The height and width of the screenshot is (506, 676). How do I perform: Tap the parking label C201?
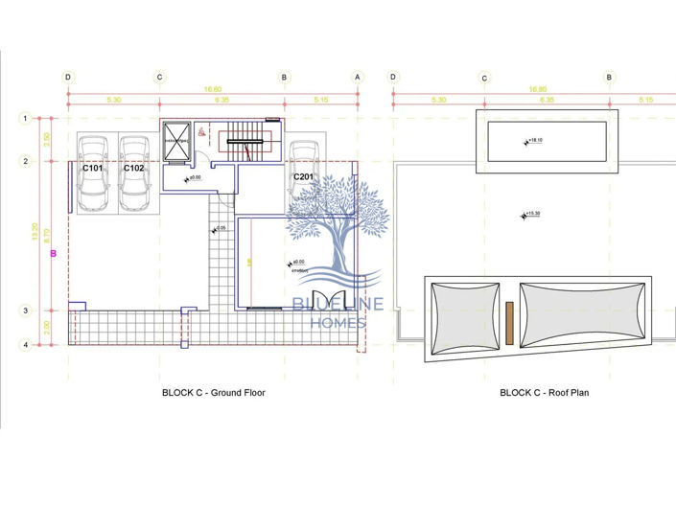(304, 177)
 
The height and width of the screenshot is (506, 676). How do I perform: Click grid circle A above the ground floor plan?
(357, 77)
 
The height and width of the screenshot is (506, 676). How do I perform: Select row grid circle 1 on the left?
(26, 118)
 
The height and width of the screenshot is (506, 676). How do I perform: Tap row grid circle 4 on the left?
(26, 345)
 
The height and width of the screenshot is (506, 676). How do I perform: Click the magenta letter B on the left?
(54, 254)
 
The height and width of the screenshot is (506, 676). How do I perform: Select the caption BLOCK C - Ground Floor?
(214, 393)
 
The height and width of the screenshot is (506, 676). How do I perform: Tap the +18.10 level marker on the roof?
(533, 141)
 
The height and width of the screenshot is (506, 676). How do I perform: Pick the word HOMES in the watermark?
(338, 323)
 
